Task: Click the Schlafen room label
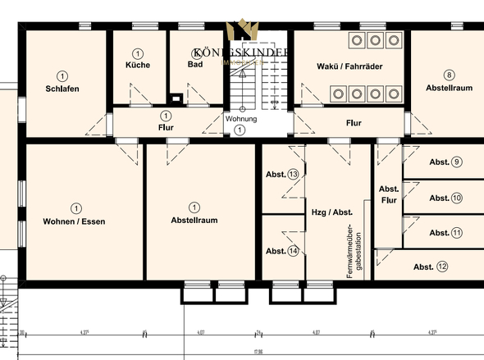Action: point(62,89)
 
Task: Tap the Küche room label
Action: point(137,65)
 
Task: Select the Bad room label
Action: point(194,65)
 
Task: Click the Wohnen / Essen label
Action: point(75,221)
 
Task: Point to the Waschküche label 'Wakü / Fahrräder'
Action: point(349,66)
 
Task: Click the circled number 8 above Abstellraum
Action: point(449,75)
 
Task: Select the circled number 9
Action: point(457,162)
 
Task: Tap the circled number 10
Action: point(457,198)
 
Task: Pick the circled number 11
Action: point(457,232)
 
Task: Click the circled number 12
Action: point(442,266)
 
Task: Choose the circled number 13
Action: point(293,175)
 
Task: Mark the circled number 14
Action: point(293,251)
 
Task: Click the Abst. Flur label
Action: point(389,194)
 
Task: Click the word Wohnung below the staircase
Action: point(241,119)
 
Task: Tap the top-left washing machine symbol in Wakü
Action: point(357,39)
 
